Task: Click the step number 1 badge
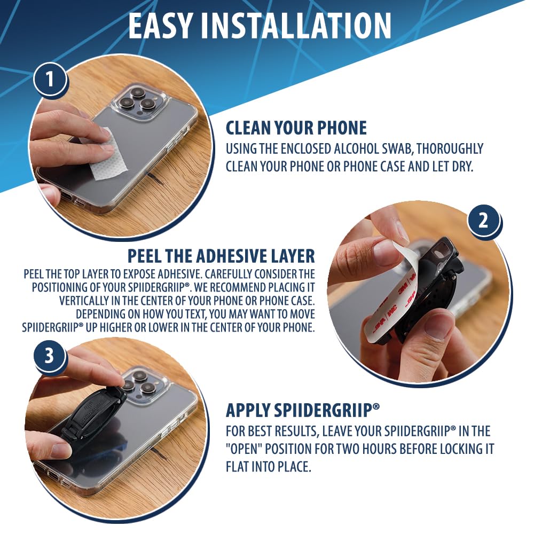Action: [x=50, y=80]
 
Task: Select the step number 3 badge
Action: [x=49, y=355]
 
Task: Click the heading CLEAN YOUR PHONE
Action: [x=296, y=128]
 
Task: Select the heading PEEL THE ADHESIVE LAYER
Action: [x=222, y=256]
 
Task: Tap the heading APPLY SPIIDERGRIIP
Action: [x=302, y=410]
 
